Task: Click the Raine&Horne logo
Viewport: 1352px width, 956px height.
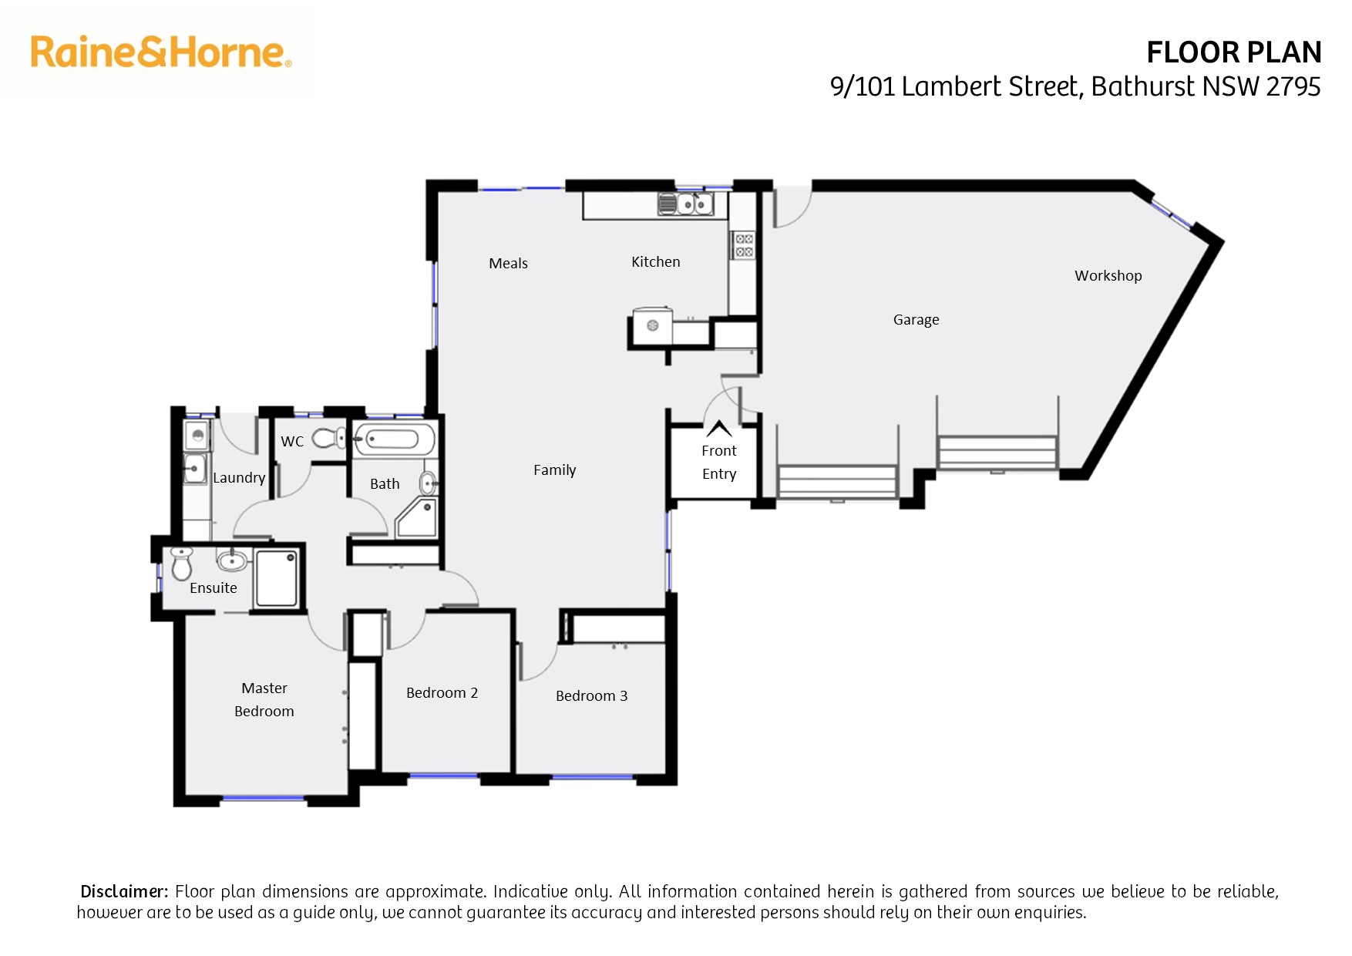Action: pos(161,52)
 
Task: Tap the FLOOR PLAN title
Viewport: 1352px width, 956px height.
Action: pos(1234,52)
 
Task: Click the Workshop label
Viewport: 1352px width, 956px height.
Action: pos(1108,275)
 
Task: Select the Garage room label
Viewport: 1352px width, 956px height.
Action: pos(916,320)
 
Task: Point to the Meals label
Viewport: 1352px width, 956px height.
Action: pos(508,263)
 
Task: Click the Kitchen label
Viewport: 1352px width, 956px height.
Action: pos(656,261)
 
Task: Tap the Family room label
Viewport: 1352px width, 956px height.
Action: pos(555,470)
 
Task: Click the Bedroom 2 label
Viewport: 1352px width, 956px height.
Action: pos(442,692)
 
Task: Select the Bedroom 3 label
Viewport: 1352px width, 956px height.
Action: pos(592,695)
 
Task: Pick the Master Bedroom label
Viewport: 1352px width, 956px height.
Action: pos(264,699)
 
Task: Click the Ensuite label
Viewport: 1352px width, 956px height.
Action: pos(214,587)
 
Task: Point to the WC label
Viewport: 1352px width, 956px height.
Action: pos(292,442)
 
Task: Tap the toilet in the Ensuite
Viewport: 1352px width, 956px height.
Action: pos(181,564)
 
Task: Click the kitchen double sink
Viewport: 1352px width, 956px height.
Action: pos(684,204)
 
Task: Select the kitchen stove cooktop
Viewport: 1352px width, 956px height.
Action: pos(744,245)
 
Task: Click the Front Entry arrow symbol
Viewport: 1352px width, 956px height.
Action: pos(719,429)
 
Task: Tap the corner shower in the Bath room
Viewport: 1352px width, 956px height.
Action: pos(417,517)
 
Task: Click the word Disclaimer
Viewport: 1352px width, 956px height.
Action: pos(124,891)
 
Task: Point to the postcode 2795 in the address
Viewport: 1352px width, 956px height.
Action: pos(1293,86)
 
